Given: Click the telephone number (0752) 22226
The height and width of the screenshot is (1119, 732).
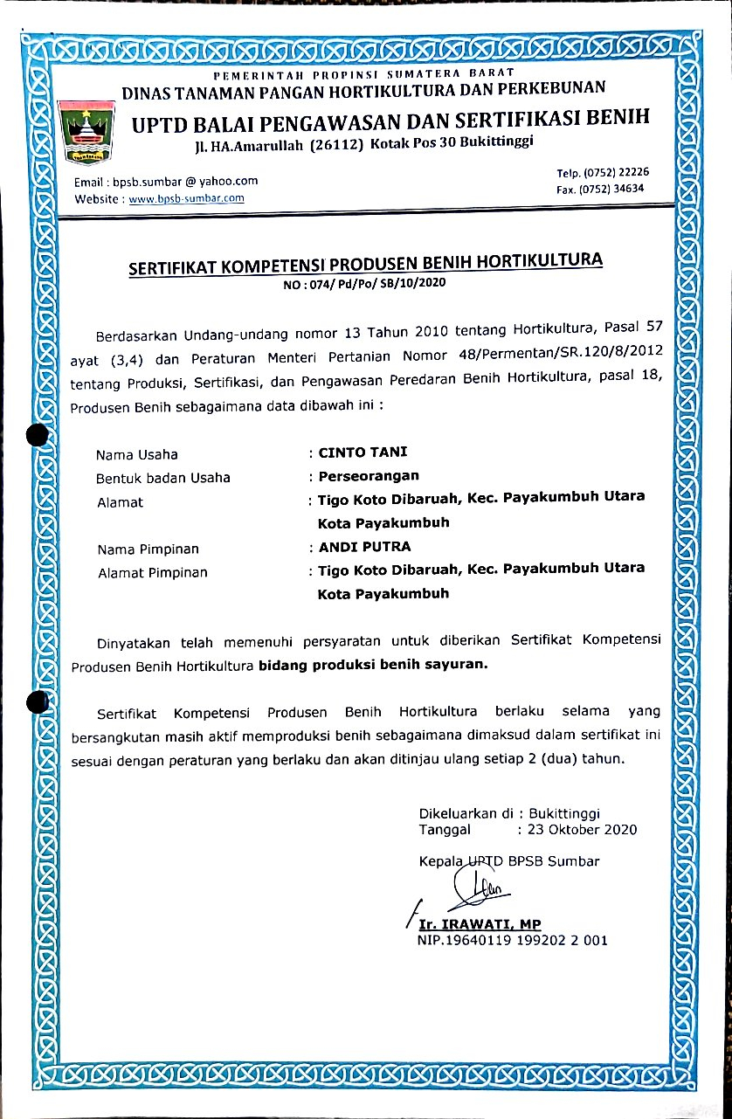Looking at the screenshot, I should (616, 173).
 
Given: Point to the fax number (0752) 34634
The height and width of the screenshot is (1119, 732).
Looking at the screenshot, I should (616, 189).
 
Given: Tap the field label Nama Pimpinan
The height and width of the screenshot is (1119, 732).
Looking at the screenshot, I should (148, 549).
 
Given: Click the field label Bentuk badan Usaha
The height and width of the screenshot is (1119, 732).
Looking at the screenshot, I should (163, 478).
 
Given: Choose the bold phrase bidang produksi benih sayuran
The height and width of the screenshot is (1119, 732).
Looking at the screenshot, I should (374, 664).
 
